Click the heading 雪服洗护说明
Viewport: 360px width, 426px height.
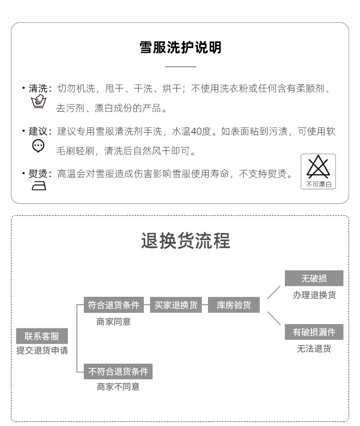tap(180, 47)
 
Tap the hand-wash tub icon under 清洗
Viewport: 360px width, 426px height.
tap(38, 102)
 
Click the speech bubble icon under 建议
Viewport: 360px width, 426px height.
tap(38, 145)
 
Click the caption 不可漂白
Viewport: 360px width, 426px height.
tap(318, 184)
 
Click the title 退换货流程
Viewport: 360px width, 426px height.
tap(185, 240)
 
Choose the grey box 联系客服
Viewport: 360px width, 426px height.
tap(42, 336)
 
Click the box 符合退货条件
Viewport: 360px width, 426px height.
tap(113, 305)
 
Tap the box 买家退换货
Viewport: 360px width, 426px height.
tap(176, 305)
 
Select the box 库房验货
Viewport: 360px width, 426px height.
tap(234, 305)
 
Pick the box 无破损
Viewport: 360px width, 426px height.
tap(314, 278)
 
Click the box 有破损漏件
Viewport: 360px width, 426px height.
tap(314, 332)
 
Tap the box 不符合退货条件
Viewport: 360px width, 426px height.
tap(118, 371)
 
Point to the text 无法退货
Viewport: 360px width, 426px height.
tap(314, 349)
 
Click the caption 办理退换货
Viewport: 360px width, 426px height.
tap(314, 295)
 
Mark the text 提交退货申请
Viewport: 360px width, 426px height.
tap(42, 351)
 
